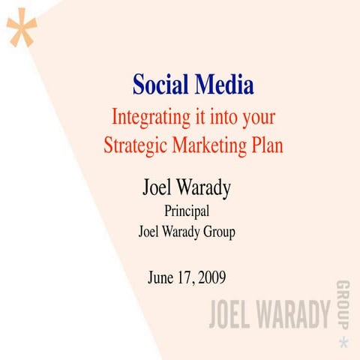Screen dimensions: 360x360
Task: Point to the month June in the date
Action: [x=163, y=277]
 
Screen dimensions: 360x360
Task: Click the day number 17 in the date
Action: [x=187, y=277]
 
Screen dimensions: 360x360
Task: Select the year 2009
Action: [x=211, y=277]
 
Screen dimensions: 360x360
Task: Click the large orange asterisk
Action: [x=22, y=29]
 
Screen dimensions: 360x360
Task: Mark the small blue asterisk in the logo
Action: [x=343, y=342]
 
